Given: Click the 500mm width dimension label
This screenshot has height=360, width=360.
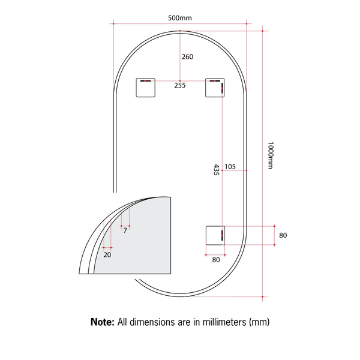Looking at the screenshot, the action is tap(180, 18).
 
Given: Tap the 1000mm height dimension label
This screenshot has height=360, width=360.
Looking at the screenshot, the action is tap(271, 155).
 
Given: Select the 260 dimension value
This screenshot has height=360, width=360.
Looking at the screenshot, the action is tap(187, 57).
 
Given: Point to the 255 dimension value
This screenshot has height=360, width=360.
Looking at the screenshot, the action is tap(180, 85).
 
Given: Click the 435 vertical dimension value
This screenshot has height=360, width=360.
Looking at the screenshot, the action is tap(216, 170).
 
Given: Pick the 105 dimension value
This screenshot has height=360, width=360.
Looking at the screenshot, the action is tap(230, 167).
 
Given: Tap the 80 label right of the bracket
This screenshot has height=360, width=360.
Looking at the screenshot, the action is tap(283, 235).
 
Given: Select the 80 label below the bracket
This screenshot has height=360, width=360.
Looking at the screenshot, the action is tap(216, 260).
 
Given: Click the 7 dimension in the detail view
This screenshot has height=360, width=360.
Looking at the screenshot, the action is tap(125, 230).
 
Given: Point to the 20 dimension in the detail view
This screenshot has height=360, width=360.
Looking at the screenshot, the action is tap(107, 254).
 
